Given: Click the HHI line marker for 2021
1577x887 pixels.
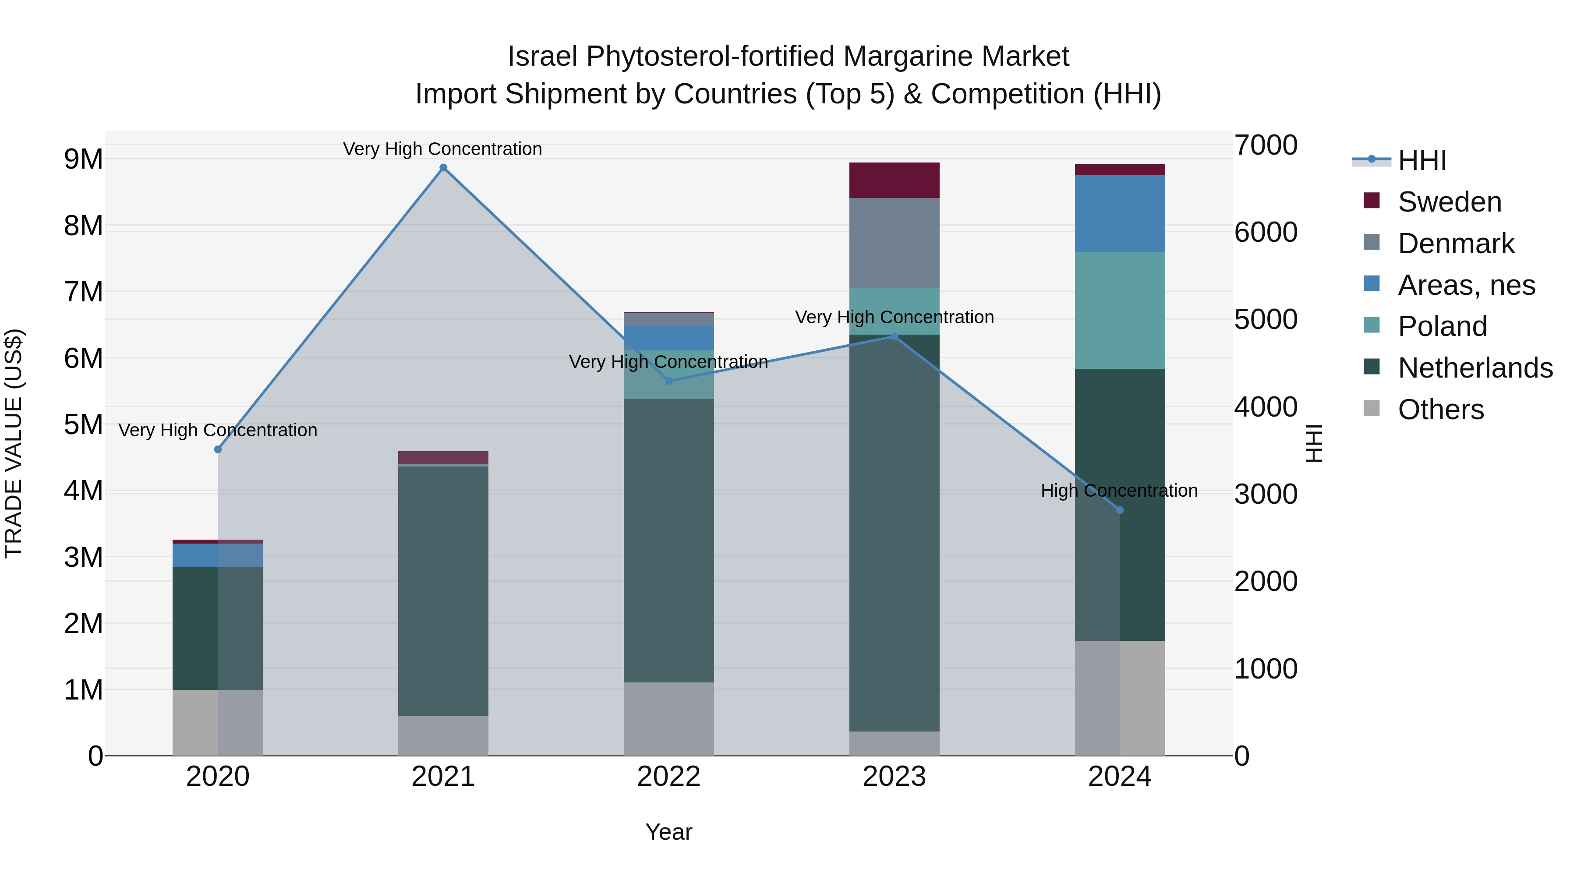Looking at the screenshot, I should [x=443, y=168].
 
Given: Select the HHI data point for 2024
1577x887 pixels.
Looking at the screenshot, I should [x=1120, y=510].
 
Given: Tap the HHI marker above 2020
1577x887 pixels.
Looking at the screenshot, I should [x=218, y=449].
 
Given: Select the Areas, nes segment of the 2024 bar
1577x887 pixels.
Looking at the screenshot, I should [x=1120, y=214].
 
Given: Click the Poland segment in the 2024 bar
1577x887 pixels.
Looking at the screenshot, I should [x=1120, y=311].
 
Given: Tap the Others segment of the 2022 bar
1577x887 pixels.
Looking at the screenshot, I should [x=668, y=719].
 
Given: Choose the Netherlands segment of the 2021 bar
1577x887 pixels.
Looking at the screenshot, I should [x=443, y=591].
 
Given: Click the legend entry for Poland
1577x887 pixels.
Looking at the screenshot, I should [x=1442, y=326].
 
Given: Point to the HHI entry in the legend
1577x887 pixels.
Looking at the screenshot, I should [x=1421, y=160].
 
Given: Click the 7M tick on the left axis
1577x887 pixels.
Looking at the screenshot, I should [x=83, y=292].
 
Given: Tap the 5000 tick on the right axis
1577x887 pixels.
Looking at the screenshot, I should [x=1265, y=320].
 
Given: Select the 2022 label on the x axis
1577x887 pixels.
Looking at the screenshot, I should [x=668, y=777].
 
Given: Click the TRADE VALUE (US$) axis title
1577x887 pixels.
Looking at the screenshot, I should [x=14, y=443].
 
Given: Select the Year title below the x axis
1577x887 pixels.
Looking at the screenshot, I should [x=668, y=832].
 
